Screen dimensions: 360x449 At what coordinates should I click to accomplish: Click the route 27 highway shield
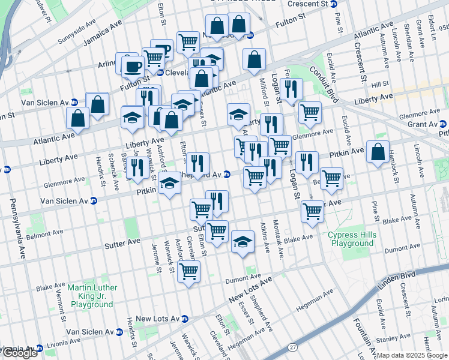(292, 347)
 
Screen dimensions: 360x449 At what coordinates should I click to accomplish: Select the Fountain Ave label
(360, 338)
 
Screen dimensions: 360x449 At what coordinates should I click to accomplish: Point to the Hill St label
(380, 85)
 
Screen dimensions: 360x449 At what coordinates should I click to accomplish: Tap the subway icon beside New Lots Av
(185, 319)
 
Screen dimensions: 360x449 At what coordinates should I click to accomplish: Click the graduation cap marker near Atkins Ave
(242, 242)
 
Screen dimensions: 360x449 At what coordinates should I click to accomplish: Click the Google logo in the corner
(19, 353)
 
